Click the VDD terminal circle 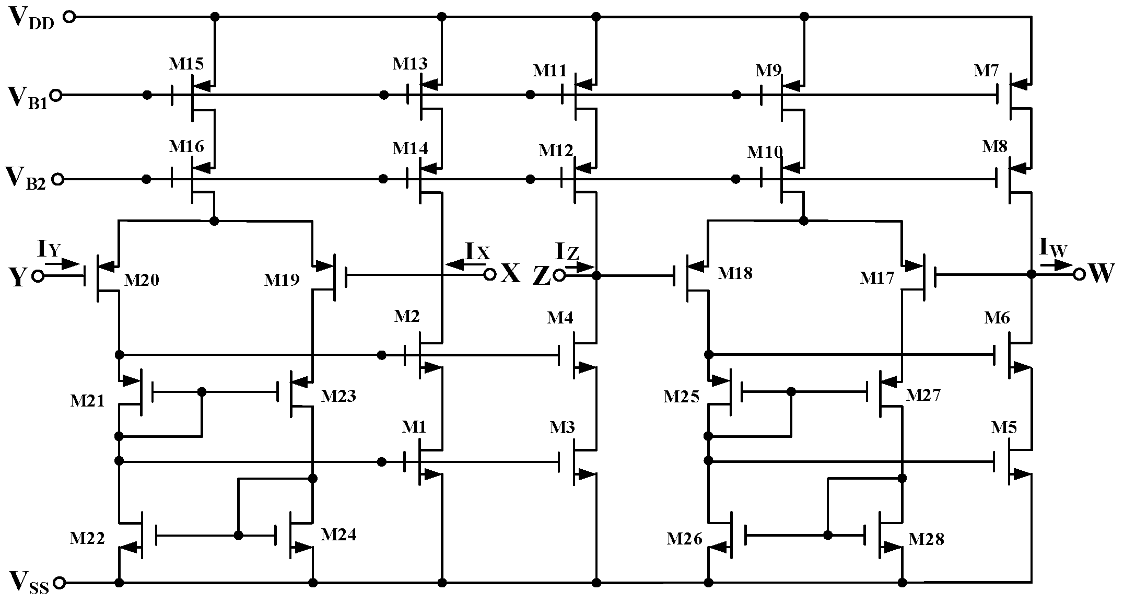pos(69,17)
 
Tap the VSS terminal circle pos(60,582)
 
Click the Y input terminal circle pos(38,276)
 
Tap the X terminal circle pos(489,275)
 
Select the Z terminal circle pos(559,275)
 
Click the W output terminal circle pos(1079,274)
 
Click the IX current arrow pos(459,264)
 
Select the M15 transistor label pos(186,64)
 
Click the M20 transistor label pos(141,281)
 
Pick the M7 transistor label pos(986,71)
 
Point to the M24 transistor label pos(338,534)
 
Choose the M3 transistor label pos(562,427)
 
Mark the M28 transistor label pos(926,539)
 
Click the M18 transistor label pos(735,273)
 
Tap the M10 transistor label pos(765,152)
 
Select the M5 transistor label pos(1004,427)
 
